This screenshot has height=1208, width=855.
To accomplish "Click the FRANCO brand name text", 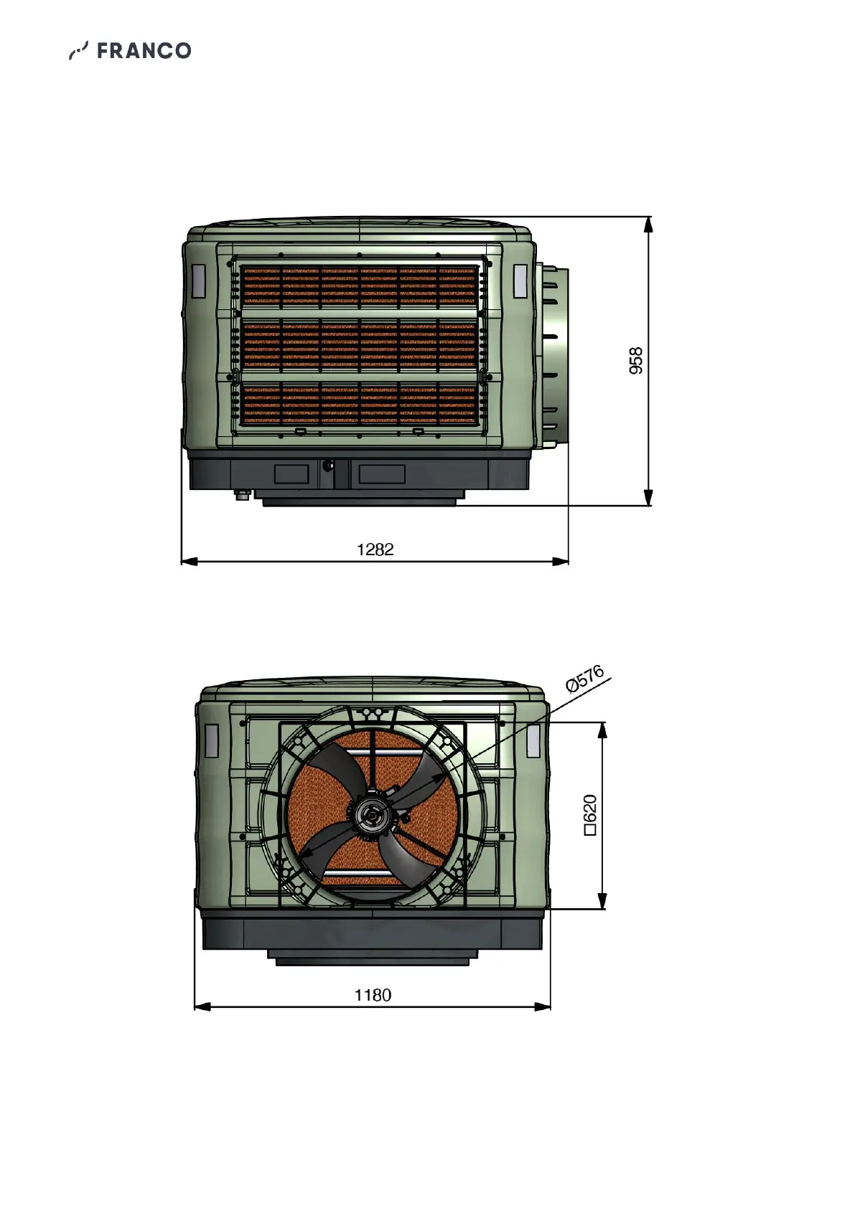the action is pyautogui.click(x=144, y=51).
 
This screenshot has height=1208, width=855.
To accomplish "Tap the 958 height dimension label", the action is pyautogui.click(x=636, y=361).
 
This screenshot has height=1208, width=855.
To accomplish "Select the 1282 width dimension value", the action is pyautogui.click(x=375, y=549).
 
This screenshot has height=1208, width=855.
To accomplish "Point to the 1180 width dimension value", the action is pyautogui.click(x=373, y=995).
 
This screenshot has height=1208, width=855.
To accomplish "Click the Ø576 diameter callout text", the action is pyautogui.click(x=585, y=679).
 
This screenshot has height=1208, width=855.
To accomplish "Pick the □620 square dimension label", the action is pyautogui.click(x=590, y=815).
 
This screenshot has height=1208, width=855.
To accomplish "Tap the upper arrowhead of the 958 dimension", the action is pyautogui.click(x=648, y=225).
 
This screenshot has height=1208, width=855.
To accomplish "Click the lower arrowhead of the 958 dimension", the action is pyautogui.click(x=648, y=498).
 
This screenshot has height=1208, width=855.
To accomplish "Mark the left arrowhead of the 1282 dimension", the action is pyautogui.click(x=189, y=562).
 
